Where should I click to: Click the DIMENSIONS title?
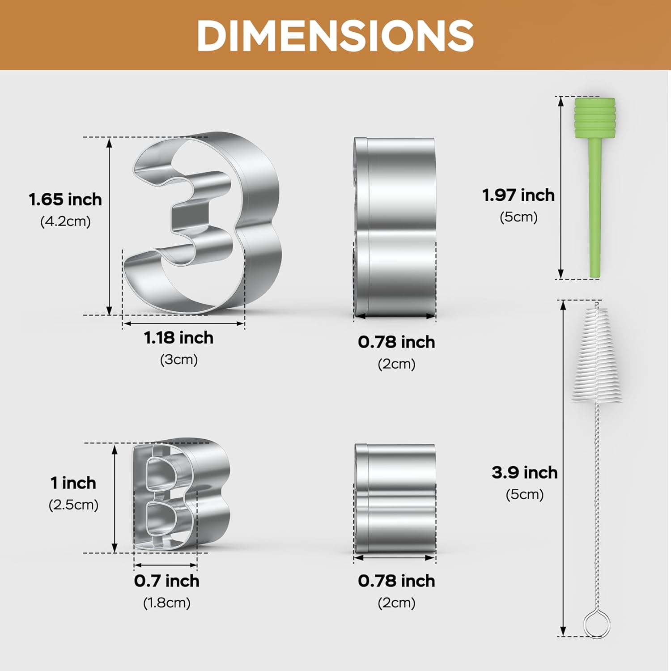click(335, 36)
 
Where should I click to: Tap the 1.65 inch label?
click(65, 200)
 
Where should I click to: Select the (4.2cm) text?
click(65, 221)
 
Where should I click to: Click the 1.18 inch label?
click(178, 338)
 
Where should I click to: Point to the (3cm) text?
click(178, 360)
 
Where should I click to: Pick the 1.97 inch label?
click(518, 195)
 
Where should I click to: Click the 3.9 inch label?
click(525, 473)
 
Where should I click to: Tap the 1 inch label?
click(73, 483)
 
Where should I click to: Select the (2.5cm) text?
click(73, 505)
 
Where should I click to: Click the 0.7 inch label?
click(166, 581)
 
